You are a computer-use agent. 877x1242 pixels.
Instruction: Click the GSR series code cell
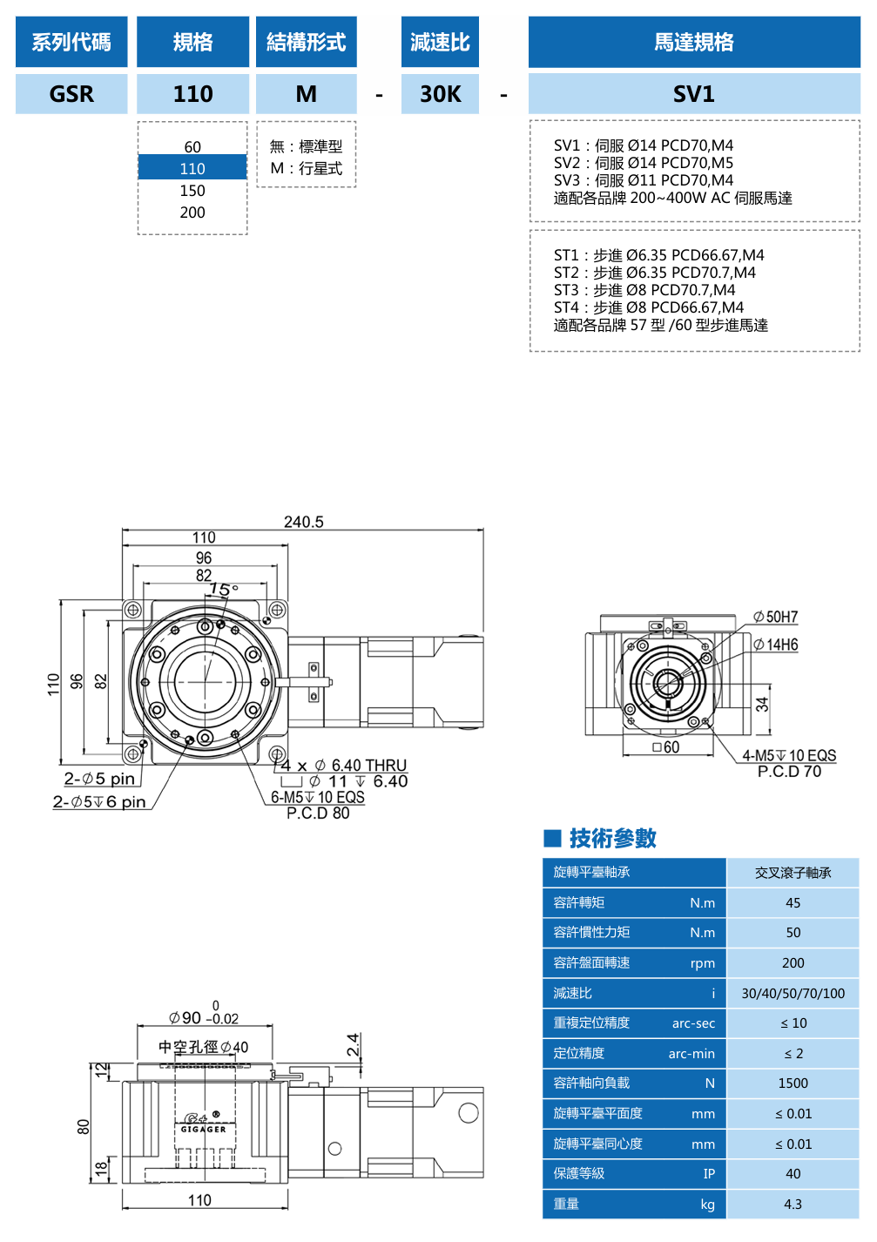click(x=71, y=94)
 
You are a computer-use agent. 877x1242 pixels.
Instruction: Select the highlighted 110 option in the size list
click(x=192, y=168)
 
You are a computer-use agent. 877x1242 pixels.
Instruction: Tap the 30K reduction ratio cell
click(x=440, y=94)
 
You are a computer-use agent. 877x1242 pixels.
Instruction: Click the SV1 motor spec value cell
click(x=693, y=94)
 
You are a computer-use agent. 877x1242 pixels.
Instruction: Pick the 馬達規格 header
click(x=693, y=42)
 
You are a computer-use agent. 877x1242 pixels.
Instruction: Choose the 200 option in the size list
click(x=192, y=213)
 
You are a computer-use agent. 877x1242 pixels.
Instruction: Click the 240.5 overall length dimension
click(x=303, y=522)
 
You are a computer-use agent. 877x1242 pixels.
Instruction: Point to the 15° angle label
click(x=224, y=590)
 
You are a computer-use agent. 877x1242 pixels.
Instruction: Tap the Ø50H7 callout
click(x=776, y=618)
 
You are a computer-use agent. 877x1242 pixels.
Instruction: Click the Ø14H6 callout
click(x=776, y=645)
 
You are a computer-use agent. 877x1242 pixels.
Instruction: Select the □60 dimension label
click(x=666, y=747)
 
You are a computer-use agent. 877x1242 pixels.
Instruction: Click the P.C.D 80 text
click(x=318, y=813)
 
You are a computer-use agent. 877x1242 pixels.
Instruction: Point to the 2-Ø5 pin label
click(x=99, y=779)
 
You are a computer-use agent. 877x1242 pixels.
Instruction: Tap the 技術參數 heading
click(x=612, y=838)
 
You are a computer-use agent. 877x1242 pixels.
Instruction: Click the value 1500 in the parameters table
click(x=793, y=1083)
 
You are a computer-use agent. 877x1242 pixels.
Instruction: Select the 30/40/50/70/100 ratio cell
click(x=793, y=993)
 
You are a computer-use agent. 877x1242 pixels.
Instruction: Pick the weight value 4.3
click(x=793, y=1204)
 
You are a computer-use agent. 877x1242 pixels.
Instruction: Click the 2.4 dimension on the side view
click(x=353, y=1044)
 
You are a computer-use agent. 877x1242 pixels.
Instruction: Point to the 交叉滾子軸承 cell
click(x=793, y=873)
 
